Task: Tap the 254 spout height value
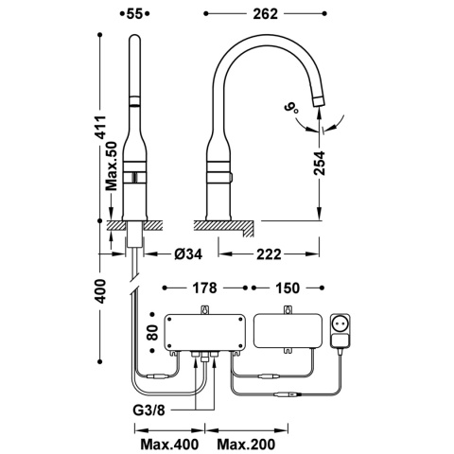(x=320, y=169)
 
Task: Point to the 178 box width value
(x=205, y=286)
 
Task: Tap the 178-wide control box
(x=204, y=332)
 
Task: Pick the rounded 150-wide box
(x=285, y=332)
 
